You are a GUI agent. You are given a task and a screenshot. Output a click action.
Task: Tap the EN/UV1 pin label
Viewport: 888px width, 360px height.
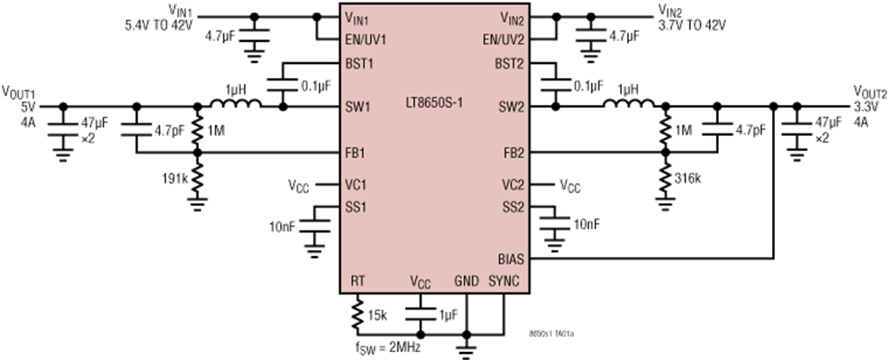click(366, 40)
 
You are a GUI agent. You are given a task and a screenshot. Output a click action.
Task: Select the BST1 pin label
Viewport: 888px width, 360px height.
click(359, 64)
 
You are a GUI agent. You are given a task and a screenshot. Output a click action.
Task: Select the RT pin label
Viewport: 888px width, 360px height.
click(358, 280)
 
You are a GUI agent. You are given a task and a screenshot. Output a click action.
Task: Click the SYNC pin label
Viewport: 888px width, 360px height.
click(504, 280)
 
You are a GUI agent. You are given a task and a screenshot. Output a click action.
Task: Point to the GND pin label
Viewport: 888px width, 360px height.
click(466, 280)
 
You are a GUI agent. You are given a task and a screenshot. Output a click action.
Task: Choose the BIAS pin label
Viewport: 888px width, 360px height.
click(511, 258)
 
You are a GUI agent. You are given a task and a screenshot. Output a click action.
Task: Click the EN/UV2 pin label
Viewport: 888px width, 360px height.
click(504, 40)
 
